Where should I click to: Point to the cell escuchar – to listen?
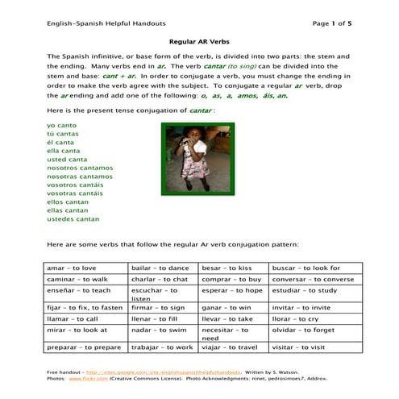click(x=154, y=294)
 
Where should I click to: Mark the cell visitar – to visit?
click(x=299, y=347)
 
